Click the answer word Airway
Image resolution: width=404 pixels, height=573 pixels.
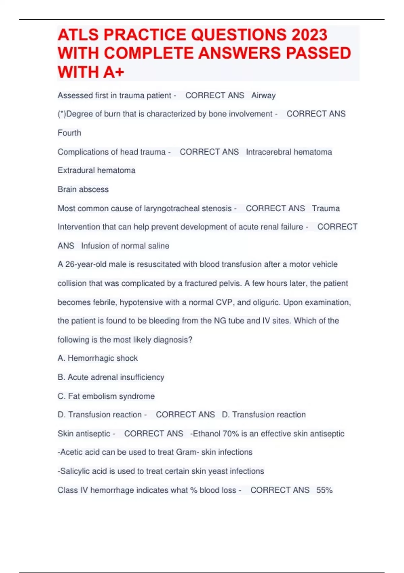263,96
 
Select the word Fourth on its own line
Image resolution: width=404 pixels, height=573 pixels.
69,133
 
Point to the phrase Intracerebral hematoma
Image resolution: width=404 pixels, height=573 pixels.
289,152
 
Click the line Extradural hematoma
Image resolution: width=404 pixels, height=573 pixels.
96,171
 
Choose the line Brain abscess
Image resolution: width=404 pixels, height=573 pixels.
83,189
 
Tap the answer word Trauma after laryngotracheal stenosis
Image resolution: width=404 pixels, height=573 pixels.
326,209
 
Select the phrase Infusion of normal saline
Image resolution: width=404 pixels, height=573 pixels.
125,246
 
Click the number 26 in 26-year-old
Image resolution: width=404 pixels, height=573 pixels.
70,264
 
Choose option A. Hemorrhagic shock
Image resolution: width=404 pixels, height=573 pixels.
98,358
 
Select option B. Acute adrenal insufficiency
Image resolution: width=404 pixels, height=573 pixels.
111,377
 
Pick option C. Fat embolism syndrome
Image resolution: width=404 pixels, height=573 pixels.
106,396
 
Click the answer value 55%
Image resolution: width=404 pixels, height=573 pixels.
324,490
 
